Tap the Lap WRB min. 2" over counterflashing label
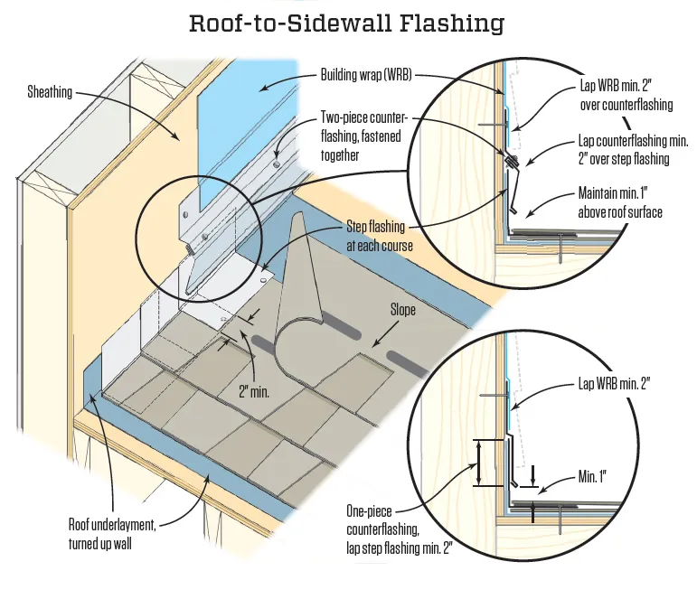(x=626, y=97)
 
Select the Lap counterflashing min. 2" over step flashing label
(x=633, y=151)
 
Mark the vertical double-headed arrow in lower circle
(x=478, y=463)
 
